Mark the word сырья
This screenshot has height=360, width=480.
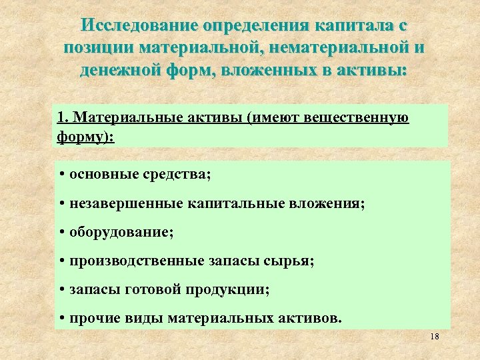pos(290,261)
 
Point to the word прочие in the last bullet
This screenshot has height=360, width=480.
pos(91,318)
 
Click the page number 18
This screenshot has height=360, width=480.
pos(435,337)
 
